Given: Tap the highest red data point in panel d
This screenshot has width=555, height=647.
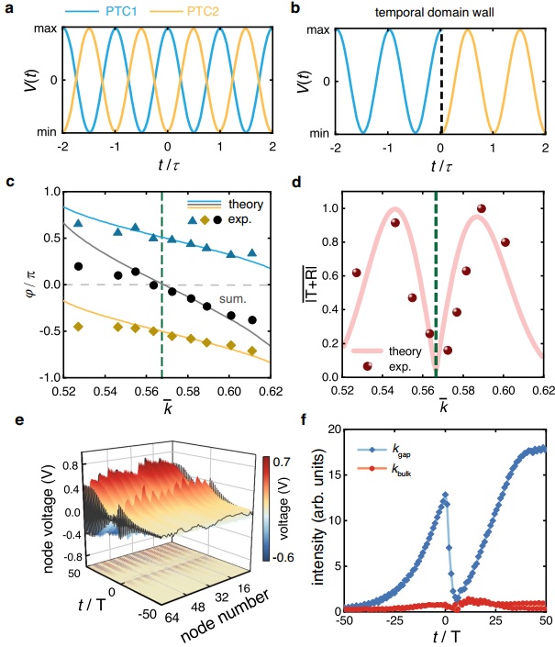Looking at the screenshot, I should coord(506,209).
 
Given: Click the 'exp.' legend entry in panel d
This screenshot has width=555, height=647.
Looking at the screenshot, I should coord(372,365).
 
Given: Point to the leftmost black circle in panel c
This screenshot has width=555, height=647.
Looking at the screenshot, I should coord(79,267).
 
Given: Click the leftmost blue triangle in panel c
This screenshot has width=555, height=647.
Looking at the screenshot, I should coord(79,223).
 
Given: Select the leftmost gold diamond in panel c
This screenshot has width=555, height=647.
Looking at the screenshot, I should coord(79,327).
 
